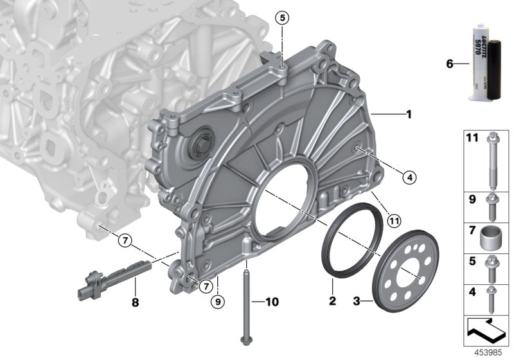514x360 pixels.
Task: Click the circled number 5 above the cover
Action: [281, 18]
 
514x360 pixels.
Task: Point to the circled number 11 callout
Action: [394, 222]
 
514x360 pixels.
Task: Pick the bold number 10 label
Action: [273, 300]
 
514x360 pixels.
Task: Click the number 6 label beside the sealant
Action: [449, 64]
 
